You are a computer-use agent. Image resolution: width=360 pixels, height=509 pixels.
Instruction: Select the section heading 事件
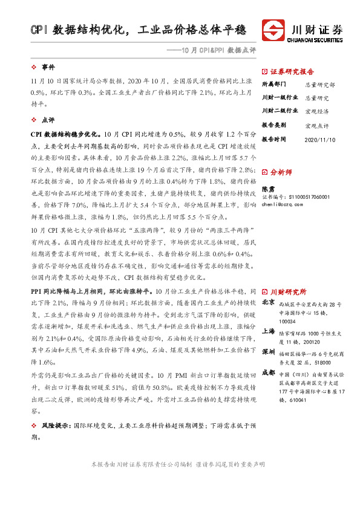coord(48,66)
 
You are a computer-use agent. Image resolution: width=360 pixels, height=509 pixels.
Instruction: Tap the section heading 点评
coord(48,120)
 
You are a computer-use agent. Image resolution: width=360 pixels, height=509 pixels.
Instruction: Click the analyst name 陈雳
coord(268,189)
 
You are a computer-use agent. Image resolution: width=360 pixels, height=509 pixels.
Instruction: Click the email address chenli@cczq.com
coord(286,205)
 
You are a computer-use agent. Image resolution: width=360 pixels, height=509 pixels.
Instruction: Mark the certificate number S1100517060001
coord(306,197)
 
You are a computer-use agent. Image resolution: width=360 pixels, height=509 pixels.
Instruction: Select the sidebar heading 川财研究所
coord(287,291)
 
